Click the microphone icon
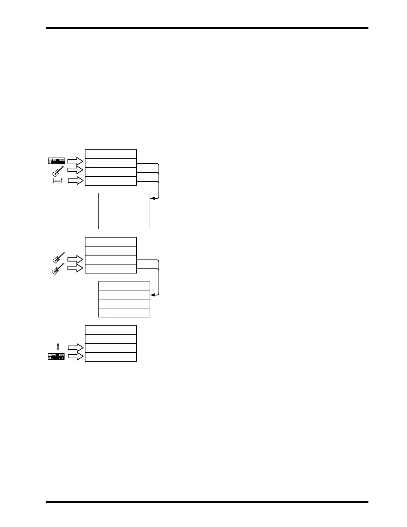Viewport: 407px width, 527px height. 58,346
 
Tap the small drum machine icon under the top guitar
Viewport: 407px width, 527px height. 58,181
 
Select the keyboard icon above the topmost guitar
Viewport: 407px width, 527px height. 56,161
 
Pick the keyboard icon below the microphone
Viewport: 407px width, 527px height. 56,357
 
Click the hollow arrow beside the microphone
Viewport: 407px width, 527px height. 75,348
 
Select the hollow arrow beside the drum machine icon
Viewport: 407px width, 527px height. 75,181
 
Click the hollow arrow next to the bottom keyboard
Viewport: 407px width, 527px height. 75,357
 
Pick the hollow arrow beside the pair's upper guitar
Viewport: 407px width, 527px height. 75,259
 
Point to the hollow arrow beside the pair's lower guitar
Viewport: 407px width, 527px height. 75,268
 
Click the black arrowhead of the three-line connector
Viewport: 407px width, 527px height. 152,198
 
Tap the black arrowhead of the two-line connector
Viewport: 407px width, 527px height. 152,295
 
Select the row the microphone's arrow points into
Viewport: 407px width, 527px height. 111,348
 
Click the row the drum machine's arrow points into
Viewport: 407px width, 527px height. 111,181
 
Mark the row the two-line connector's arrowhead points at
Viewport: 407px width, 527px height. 124,295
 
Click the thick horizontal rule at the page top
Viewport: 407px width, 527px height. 207,29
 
